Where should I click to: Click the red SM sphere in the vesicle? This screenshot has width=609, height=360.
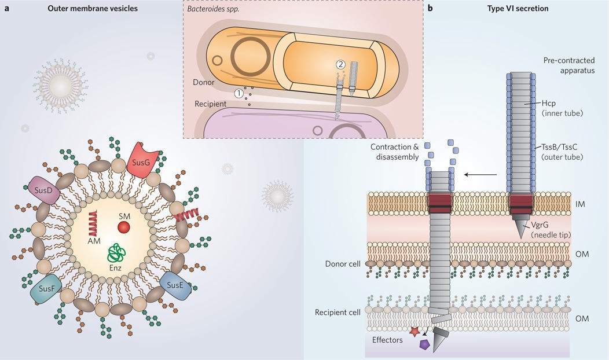[x=124, y=227]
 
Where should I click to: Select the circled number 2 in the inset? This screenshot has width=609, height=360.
[x=341, y=65]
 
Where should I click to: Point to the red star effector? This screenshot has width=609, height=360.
[x=414, y=332]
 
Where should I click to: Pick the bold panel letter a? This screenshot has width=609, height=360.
[x=5, y=9]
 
